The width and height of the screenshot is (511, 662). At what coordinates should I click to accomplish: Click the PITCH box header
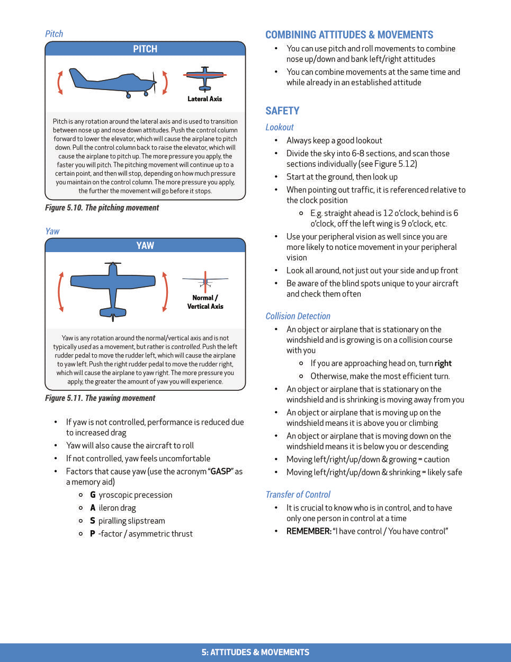point(145,49)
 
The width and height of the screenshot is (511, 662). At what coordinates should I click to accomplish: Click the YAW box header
point(145,245)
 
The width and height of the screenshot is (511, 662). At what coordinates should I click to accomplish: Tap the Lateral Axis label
point(204,99)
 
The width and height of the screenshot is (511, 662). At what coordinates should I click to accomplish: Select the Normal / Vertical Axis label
point(205,302)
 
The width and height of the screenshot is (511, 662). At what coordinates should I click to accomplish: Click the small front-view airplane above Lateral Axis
point(205,78)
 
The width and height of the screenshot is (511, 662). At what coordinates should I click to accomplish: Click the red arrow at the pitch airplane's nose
point(165,83)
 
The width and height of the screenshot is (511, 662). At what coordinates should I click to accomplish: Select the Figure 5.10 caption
point(102,208)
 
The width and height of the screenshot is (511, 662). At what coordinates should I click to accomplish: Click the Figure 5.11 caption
point(100,398)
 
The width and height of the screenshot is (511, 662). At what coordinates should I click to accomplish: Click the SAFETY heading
point(282,111)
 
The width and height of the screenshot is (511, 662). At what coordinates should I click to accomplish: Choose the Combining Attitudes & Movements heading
point(349,35)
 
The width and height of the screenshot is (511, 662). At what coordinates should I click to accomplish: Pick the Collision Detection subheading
point(298,316)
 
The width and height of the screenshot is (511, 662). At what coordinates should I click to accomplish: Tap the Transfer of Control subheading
point(298,495)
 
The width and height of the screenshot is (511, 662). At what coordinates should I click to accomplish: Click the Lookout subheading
point(279,127)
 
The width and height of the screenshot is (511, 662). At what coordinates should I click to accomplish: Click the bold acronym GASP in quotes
point(220,471)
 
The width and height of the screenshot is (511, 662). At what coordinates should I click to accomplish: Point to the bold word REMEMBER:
point(309,531)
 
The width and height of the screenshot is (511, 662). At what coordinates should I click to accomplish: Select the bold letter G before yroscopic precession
point(93,495)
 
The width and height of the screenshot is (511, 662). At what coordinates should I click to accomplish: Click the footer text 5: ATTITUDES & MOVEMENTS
point(255,652)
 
